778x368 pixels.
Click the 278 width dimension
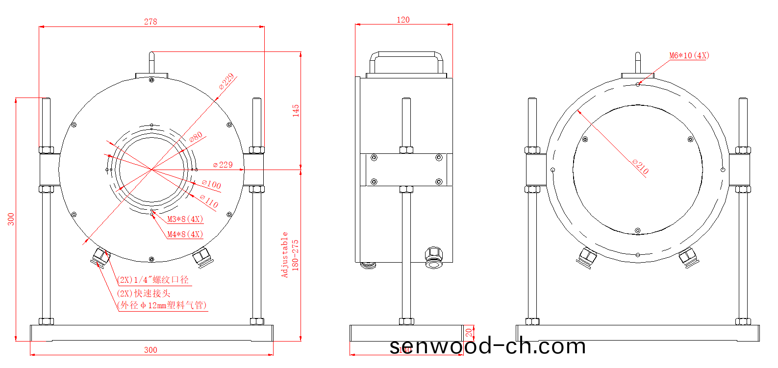click(x=151, y=22)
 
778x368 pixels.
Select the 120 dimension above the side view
click(x=403, y=20)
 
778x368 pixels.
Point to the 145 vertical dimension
click(x=296, y=110)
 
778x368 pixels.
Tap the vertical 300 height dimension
click(x=11, y=219)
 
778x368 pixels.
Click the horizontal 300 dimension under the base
click(x=151, y=350)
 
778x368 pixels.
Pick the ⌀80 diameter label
click(x=196, y=137)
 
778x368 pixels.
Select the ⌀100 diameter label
click(x=212, y=184)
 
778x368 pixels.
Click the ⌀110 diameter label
click(x=209, y=201)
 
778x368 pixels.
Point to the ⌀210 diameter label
click(x=641, y=167)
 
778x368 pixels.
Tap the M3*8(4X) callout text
click(x=185, y=219)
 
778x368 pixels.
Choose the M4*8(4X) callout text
click(x=185, y=234)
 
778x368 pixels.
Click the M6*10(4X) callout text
click(x=689, y=55)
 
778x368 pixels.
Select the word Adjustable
click(x=284, y=255)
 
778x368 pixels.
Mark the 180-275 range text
click(x=295, y=255)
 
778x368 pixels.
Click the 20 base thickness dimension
click(x=469, y=333)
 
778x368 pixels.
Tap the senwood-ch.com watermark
click(x=487, y=346)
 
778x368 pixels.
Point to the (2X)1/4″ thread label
click(x=153, y=280)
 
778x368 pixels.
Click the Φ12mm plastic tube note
click(x=163, y=305)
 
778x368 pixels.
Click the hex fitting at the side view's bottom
click(x=434, y=258)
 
